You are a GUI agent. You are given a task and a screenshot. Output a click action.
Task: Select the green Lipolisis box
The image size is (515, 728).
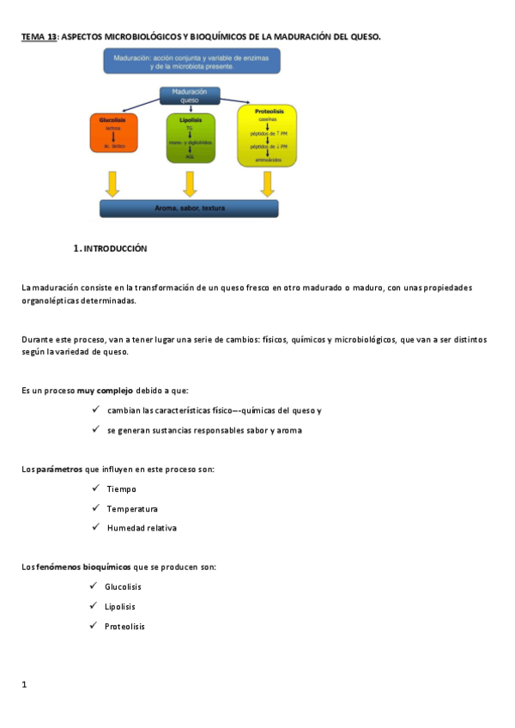[x=190, y=137]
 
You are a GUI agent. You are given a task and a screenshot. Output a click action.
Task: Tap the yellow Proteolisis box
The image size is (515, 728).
[x=267, y=135]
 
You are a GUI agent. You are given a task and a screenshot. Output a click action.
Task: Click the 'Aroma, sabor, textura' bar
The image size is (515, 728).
[x=196, y=209]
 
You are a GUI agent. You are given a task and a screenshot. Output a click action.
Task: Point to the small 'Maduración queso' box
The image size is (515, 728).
[x=190, y=95]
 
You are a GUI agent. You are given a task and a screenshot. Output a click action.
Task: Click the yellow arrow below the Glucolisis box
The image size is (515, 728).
[x=112, y=183]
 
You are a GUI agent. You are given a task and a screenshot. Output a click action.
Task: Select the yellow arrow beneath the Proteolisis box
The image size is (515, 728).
[x=267, y=183]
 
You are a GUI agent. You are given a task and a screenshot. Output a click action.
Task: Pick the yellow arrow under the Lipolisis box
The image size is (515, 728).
[x=190, y=183]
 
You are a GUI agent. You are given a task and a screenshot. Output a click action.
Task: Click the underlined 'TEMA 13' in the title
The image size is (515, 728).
[x=39, y=37]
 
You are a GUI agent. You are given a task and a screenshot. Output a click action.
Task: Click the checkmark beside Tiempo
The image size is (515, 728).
[x=95, y=488]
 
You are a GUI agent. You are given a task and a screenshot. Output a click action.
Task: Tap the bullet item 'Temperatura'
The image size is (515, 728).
[x=132, y=508]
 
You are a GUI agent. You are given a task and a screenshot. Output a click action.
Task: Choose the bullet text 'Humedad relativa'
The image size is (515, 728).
[x=142, y=528]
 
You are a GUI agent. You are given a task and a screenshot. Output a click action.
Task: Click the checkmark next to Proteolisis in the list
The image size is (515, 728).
[x=94, y=626]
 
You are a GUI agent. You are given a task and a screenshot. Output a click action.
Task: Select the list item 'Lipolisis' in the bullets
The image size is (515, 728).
[x=120, y=606]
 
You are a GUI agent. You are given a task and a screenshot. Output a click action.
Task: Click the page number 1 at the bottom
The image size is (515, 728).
[x=25, y=684]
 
